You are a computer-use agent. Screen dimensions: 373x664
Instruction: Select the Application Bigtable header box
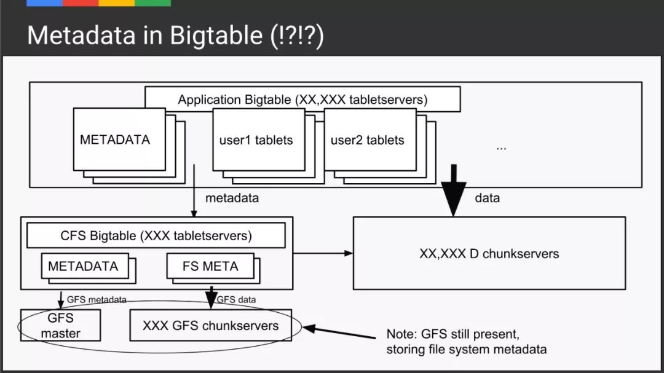(302, 99)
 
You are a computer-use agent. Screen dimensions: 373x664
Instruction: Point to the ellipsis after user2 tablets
(501, 147)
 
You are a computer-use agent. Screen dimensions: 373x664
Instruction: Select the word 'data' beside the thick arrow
(487, 198)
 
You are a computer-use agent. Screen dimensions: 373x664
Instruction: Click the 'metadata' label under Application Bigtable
(232, 198)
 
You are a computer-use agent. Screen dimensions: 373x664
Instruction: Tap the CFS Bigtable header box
(156, 235)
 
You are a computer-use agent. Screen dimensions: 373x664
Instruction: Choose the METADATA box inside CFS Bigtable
(84, 267)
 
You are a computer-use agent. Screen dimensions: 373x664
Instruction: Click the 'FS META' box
(210, 267)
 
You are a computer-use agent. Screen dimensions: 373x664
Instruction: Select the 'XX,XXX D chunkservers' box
(489, 253)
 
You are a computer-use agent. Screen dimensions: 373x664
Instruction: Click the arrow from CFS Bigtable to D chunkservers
(323, 253)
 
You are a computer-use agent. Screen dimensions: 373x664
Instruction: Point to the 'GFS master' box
(60, 326)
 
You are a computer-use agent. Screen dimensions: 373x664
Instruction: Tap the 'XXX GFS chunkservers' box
(210, 326)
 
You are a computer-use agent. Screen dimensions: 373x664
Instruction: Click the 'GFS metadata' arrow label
(97, 300)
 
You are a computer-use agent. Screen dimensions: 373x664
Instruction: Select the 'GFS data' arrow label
(237, 300)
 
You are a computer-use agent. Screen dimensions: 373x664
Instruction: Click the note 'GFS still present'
(454, 335)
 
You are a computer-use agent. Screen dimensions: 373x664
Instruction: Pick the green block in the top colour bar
(152, 3)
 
